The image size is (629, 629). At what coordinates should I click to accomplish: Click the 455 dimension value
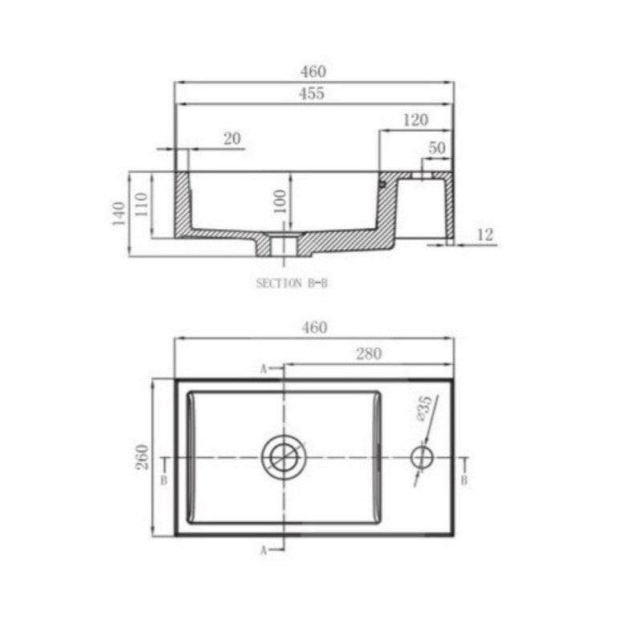312,93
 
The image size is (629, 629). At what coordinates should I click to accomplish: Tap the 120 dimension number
415,120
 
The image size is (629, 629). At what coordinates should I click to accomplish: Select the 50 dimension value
437,148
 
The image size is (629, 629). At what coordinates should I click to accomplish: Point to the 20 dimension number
232,139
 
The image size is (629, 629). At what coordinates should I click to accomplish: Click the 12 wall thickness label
485,235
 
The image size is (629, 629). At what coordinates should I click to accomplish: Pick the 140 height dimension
119,214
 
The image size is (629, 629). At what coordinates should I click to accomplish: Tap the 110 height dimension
141,204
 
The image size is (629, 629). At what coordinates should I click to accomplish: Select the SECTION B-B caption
292,284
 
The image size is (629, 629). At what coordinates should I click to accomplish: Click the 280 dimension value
369,353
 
